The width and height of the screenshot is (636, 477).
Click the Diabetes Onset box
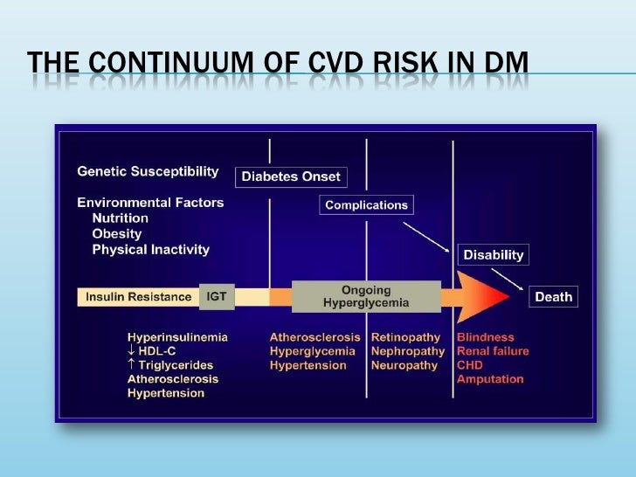click(290, 176)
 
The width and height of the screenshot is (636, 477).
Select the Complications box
click(366, 205)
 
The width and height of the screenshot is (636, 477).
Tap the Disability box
click(494, 255)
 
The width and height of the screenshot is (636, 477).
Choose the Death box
click(553, 297)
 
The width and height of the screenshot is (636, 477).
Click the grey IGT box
click(216, 297)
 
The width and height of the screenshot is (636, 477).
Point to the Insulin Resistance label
click(138, 297)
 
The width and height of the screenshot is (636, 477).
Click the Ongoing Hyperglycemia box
click(365, 297)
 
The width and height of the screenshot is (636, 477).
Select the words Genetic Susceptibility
click(148, 170)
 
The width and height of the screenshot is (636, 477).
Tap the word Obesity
click(116, 233)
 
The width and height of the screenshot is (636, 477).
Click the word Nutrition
click(120, 218)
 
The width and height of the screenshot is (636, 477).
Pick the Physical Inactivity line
click(150, 249)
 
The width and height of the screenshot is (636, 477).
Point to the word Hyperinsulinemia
click(178, 337)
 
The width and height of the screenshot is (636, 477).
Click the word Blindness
click(485, 337)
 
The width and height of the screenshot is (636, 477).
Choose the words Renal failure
click(492, 351)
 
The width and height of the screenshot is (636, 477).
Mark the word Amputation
click(489, 379)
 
